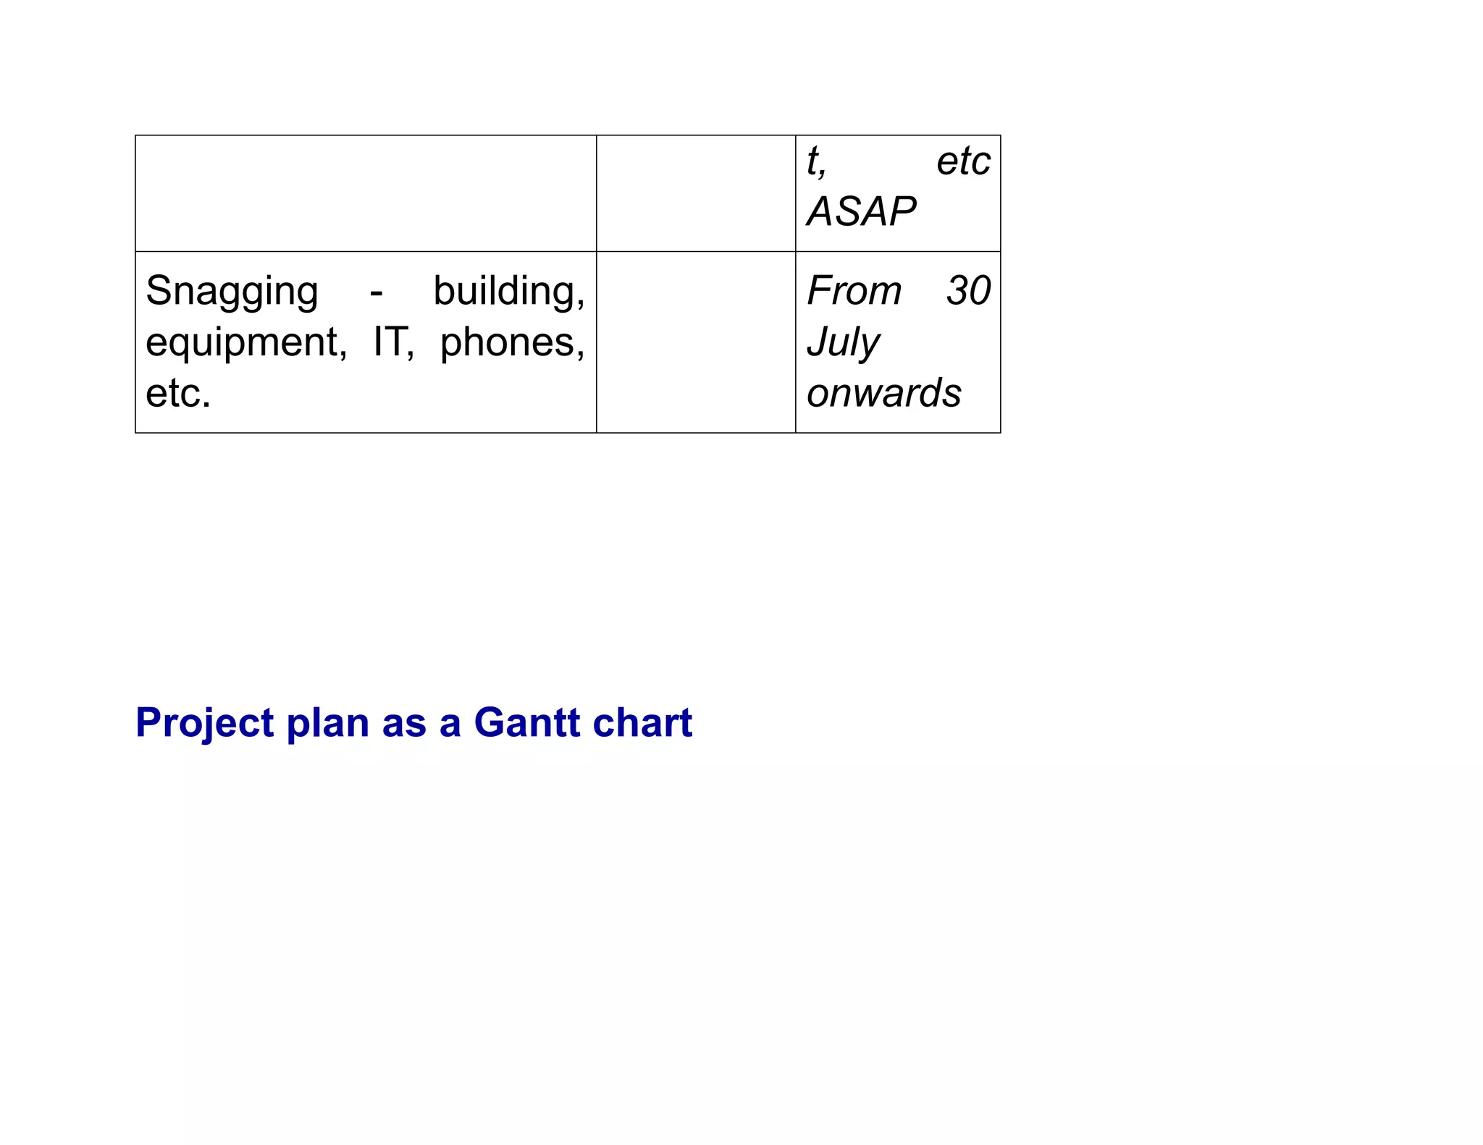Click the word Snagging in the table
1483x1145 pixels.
[232, 292]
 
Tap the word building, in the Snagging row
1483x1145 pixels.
[509, 292]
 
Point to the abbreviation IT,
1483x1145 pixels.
[394, 342]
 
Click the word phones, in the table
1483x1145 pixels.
[513, 342]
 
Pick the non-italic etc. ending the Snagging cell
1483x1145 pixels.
[178, 393]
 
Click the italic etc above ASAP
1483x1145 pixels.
[963, 161]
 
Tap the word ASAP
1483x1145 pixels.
[862, 211]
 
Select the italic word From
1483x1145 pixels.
[854, 291]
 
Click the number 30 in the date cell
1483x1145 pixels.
[968, 291]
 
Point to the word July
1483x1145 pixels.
[844, 342]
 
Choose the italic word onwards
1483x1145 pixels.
[884, 393]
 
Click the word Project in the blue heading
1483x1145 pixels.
[205, 722]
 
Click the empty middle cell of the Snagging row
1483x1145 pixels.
[696, 342]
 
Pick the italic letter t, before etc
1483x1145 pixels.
[816, 162]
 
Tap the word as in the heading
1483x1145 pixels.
[404, 723]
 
